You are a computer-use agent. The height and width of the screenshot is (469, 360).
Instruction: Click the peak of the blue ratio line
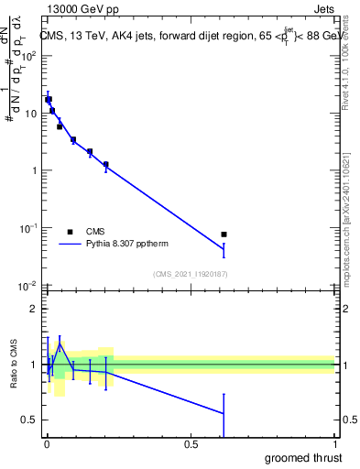tap(60, 345)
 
